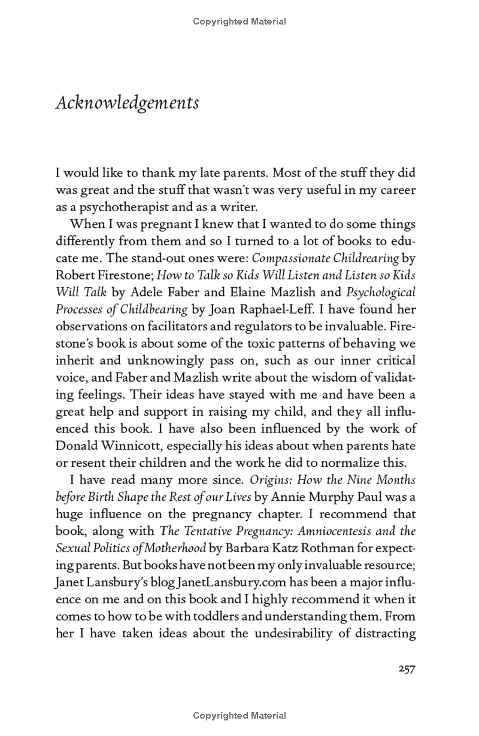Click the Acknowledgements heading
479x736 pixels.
[127, 103]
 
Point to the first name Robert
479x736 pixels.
[75, 276]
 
